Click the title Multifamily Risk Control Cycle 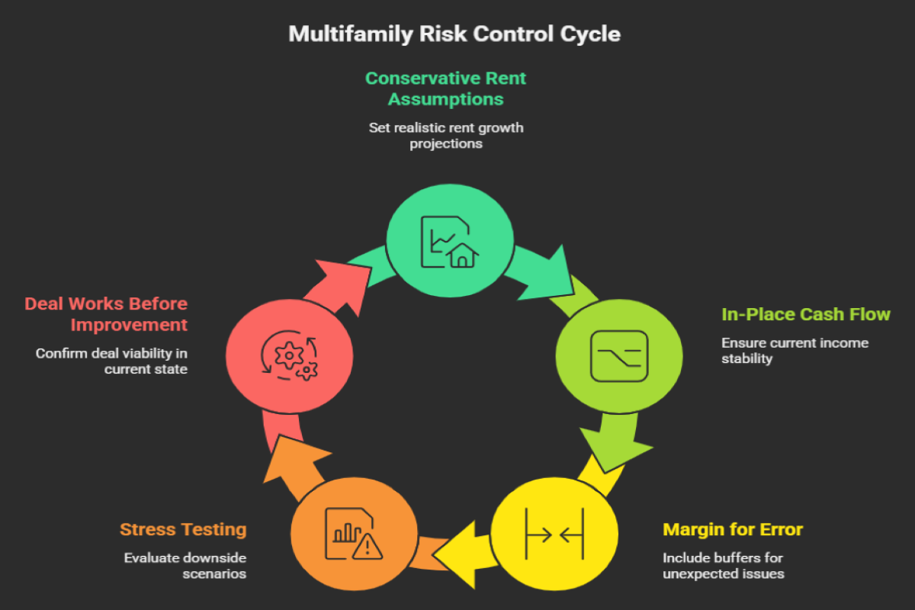pos(454,34)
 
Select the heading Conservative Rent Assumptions pos(446,88)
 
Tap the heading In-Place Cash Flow pos(806,314)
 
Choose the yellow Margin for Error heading pos(733,529)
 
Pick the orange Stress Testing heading pos(183,529)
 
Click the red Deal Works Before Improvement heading pos(106,314)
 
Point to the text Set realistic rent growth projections pos(446,135)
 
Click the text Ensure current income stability pos(795,350)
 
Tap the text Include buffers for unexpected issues pos(723,565)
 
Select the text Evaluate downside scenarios pos(185,565)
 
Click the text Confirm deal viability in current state pos(111,361)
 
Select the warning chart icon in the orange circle pos(353,532)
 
